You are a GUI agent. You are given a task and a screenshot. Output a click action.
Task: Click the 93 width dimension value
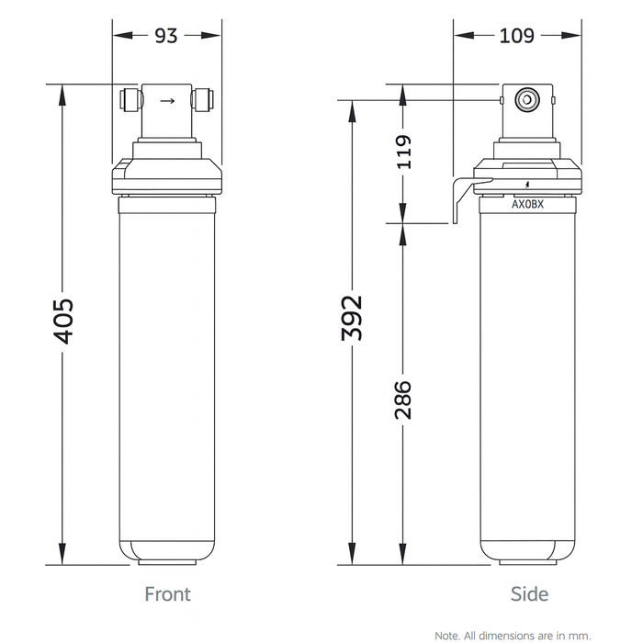pos(166,36)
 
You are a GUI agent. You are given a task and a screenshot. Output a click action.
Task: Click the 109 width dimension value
pos(518,36)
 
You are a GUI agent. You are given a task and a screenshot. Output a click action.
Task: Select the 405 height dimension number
pos(62,321)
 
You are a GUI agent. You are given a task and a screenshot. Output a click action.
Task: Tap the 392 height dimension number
pos(351,318)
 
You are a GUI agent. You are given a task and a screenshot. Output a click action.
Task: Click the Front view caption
pos(167,594)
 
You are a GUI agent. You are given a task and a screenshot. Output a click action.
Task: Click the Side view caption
pos(529,594)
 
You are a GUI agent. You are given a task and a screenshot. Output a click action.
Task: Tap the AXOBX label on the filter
pos(527,205)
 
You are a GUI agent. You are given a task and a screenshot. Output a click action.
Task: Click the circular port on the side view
pos(526,98)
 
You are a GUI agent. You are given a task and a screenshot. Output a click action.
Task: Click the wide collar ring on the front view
pos(166,175)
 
